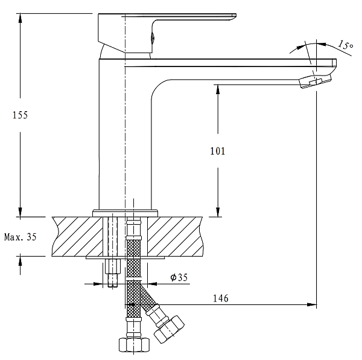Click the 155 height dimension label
click(x=20, y=114)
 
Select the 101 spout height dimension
click(x=218, y=151)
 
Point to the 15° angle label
click(x=345, y=44)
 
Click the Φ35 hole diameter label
click(x=179, y=277)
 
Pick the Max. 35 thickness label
click(x=20, y=237)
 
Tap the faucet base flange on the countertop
click(x=125, y=212)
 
